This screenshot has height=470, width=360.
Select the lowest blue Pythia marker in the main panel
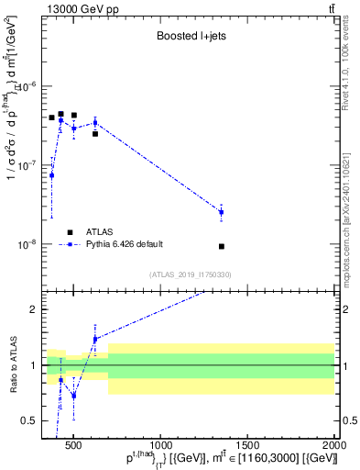(x=52, y=174)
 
